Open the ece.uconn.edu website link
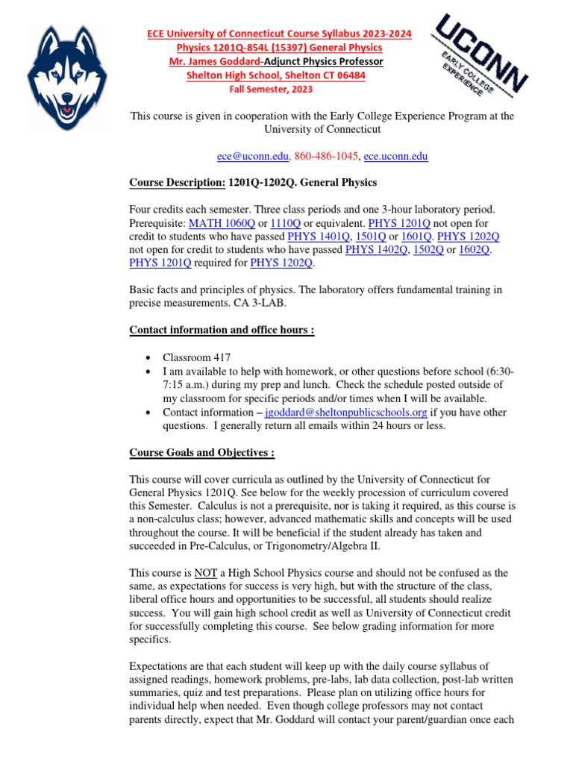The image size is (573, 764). [395, 156]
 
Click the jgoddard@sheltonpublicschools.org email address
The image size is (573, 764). [346, 412]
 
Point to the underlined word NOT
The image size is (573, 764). [205, 573]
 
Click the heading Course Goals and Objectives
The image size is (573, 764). [202, 452]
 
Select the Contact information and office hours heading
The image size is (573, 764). [222, 331]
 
